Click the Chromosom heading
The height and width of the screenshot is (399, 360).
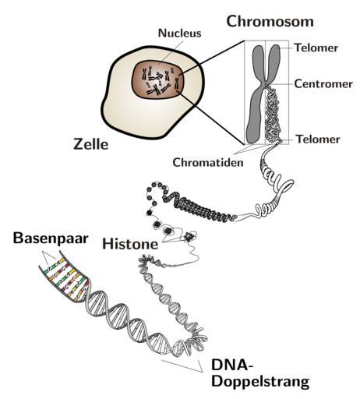point(270,21)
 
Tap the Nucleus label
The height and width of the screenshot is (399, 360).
point(180,33)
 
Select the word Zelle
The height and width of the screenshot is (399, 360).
point(90,144)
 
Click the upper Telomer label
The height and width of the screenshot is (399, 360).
point(316,48)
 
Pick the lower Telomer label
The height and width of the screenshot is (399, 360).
point(318,139)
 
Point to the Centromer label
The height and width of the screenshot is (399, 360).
point(323,84)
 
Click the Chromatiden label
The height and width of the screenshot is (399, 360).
point(208,162)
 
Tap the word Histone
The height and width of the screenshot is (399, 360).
point(130,244)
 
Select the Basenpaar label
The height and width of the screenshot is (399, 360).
point(51,238)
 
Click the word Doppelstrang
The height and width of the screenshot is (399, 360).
point(260,381)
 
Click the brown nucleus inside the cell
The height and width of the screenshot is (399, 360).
point(157,79)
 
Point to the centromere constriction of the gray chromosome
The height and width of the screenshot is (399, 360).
point(265,84)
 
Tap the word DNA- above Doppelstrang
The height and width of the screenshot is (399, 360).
point(232,365)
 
